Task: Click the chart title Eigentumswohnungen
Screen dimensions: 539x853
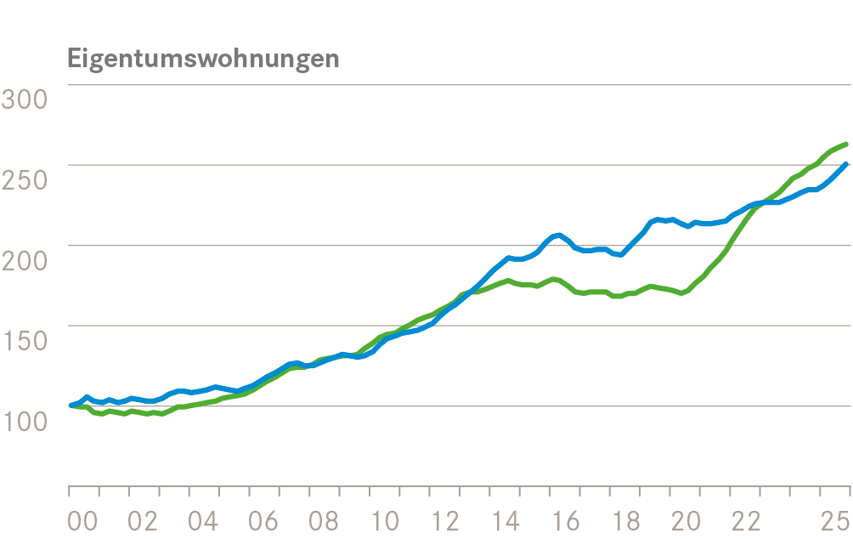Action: [203, 59]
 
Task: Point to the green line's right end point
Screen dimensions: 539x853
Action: [846, 145]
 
